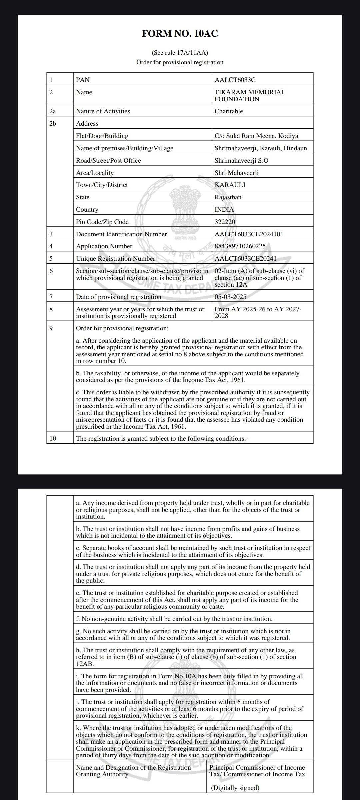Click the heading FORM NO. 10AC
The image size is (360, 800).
pyautogui.click(x=180, y=34)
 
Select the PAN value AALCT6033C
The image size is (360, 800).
pyautogui.click(x=235, y=80)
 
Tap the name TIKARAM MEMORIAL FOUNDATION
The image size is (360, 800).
pyautogui.click(x=250, y=95)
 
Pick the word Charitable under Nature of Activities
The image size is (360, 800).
pyautogui.click(x=229, y=111)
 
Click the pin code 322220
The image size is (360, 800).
pyautogui.click(x=225, y=222)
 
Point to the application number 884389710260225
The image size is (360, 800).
pyautogui.click(x=240, y=246)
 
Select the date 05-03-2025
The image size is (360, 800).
pyautogui.click(x=230, y=297)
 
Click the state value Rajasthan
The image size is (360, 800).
pyautogui.click(x=228, y=197)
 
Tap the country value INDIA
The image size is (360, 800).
pyautogui.click(x=224, y=209)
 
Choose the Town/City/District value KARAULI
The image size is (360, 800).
pyautogui.click(x=230, y=185)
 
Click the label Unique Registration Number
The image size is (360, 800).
pyautogui.click(x=115, y=258)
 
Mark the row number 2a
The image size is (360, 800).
pyautogui.click(x=53, y=111)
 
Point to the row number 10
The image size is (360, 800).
pyautogui.click(x=53, y=438)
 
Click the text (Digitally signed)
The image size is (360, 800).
pyautogui.click(x=235, y=788)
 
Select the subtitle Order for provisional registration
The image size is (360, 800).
pyautogui.click(x=180, y=62)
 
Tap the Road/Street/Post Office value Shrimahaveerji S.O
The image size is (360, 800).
pyautogui.click(x=241, y=160)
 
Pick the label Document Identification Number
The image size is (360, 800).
pyautogui.click(x=121, y=234)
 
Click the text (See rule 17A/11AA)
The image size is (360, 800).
pyautogui.click(x=180, y=53)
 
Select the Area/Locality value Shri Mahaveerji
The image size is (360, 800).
pyautogui.click(x=236, y=173)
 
